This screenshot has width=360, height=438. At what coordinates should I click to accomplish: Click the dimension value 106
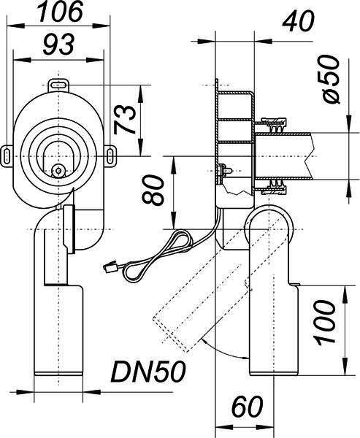tap(61, 12)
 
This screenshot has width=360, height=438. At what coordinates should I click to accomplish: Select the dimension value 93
tap(58, 44)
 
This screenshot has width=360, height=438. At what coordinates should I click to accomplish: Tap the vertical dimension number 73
tap(125, 120)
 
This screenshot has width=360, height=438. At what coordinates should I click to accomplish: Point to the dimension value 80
tap(153, 190)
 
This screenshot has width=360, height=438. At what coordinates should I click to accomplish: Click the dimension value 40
tap(298, 21)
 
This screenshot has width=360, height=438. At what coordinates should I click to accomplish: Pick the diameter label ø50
tap(331, 80)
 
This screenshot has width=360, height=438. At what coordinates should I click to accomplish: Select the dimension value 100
tap(324, 321)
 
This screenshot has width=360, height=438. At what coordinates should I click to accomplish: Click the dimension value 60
tap(248, 406)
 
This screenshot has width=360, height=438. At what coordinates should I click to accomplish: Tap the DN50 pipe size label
tap(148, 372)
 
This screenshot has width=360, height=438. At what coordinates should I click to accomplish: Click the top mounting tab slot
tap(58, 85)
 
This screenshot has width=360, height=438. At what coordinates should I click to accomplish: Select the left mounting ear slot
tap(7, 156)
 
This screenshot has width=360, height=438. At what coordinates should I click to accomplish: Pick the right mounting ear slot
tap(111, 155)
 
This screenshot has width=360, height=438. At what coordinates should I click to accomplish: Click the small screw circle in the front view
tap(58, 170)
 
